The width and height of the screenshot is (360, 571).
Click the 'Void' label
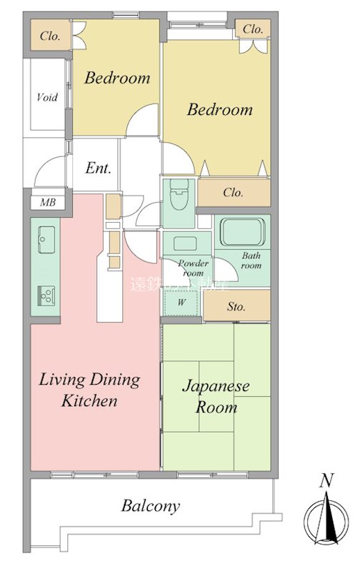(x=47, y=97)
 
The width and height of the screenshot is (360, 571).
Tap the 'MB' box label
(x=47, y=202)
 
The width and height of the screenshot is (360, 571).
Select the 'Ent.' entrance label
(x=98, y=169)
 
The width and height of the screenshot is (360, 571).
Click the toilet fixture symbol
(x=179, y=193)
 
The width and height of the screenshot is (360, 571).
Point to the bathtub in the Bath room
(x=241, y=232)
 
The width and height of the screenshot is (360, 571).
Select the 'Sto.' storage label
(x=236, y=307)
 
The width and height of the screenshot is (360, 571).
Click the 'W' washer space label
(x=181, y=303)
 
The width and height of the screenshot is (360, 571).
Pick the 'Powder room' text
(x=192, y=268)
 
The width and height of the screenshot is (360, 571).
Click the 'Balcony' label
(x=150, y=507)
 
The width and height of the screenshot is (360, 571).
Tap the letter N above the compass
(x=326, y=481)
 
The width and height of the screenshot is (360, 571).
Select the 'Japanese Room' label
(x=216, y=397)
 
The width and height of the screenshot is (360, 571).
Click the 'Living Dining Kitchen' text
(x=89, y=390)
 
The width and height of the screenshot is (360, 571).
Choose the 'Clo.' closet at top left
(x=49, y=36)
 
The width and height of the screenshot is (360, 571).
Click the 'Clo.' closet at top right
(x=253, y=29)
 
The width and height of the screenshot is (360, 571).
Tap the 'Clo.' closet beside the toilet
(x=233, y=193)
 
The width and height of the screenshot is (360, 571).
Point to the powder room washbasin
(x=185, y=242)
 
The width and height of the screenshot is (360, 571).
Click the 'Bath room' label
(x=251, y=260)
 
